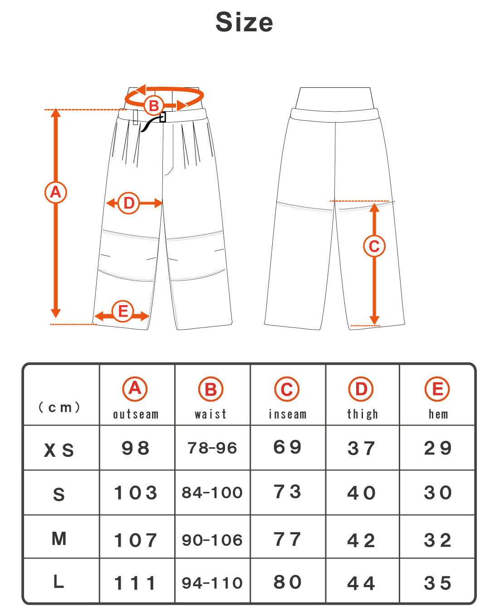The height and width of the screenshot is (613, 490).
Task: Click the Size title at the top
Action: point(244,22)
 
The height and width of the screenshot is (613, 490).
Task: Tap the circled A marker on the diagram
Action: point(55,192)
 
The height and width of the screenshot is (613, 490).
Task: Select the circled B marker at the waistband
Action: point(154,106)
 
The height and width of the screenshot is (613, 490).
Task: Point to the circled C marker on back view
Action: point(374,246)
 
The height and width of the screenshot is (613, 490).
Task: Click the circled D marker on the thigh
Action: point(129,203)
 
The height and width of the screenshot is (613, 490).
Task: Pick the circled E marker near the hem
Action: point(122,311)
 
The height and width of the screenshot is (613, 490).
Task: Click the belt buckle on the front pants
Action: point(162,117)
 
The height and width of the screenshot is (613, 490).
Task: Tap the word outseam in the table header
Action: point(136,415)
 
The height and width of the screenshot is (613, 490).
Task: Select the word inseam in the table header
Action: point(287,415)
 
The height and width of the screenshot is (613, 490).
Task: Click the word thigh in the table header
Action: point(362,415)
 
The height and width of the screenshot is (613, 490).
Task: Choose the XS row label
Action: point(59,450)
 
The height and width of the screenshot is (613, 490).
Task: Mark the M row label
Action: point(59,539)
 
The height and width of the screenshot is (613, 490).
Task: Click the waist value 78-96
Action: point(212,448)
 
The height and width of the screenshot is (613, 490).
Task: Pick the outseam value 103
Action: point(136,493)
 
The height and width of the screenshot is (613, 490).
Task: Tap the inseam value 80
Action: point(287,582)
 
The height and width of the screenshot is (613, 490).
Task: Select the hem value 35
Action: point(437,583)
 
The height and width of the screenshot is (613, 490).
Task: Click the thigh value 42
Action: point(361,540)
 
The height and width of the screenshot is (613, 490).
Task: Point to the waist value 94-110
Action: point(212,583)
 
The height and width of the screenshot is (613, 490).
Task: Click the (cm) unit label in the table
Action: point(59,407)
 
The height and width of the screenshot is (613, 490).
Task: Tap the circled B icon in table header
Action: point(211,389)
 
